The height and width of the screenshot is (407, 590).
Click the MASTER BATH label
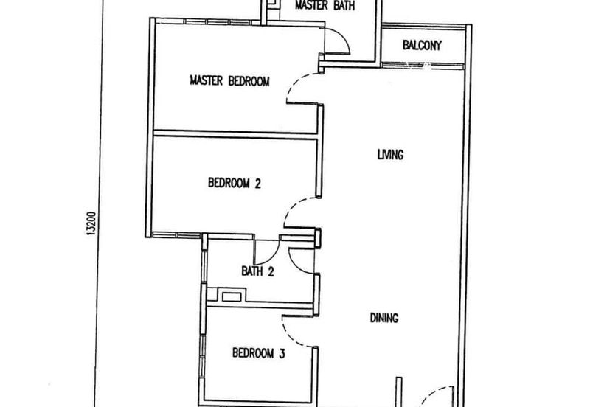click(324, 7)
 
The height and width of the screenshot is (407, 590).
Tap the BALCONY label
click(422, 46)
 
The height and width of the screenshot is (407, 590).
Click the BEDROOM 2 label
click(234, 184)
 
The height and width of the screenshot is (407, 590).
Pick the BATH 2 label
click(257, 271)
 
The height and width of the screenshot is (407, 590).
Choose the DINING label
click(384, 319)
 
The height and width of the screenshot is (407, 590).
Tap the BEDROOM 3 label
click(259, 352)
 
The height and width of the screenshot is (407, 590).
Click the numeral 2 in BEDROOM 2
click(257, 184)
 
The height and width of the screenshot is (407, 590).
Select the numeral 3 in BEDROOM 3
click(282, 352)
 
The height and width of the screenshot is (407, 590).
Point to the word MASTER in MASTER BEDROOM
click(206, 80)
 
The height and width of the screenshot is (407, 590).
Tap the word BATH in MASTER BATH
click(342, 7)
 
